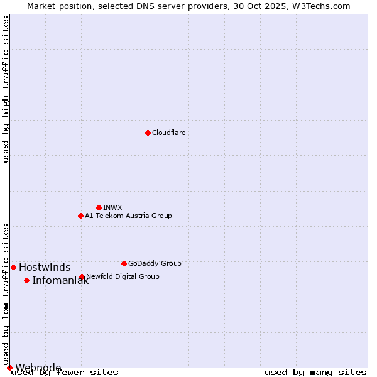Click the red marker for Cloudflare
tap(148, 133)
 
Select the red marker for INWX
tap(99, 207)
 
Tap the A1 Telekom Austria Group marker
tap(80, 216)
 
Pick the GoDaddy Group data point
tap(124, 263)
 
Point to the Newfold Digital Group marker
tap(82, 276)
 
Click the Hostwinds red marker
tap(13, 267)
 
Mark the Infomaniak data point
tap(26, 280)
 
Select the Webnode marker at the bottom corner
tap(9, 368)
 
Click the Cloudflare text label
tap(168, 133)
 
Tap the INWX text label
tap(112, 207)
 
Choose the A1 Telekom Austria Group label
tap(128, 216)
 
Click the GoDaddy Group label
tap(155, 263)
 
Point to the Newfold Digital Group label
tap(123, 276)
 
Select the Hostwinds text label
tap(45, 267)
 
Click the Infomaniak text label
tap(60, 280)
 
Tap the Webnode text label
tap(38, 368)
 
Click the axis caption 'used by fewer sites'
tap(65, 373)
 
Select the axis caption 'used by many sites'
tap(315, 373)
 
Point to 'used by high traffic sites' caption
tap(6, 89)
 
